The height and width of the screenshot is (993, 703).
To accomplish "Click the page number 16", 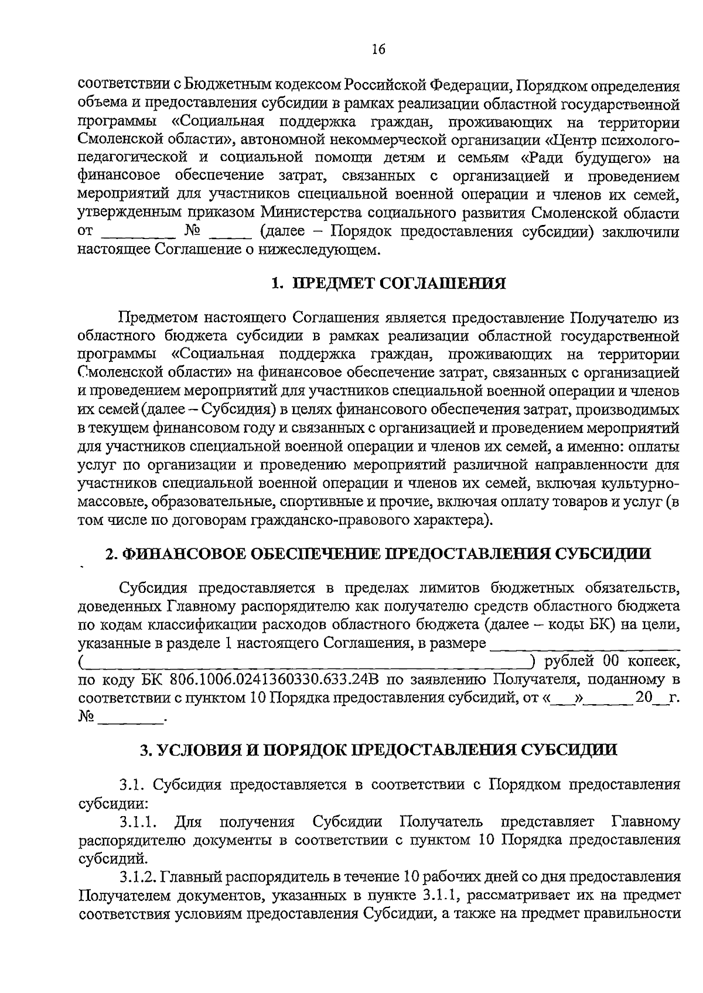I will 378,50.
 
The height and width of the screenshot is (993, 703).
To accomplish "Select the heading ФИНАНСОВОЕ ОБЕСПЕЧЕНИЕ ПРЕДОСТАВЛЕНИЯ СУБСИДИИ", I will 378,554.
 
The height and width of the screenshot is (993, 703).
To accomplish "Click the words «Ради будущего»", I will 586,159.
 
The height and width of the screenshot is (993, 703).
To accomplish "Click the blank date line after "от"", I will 139,231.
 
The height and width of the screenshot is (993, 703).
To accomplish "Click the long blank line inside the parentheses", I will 305,663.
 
